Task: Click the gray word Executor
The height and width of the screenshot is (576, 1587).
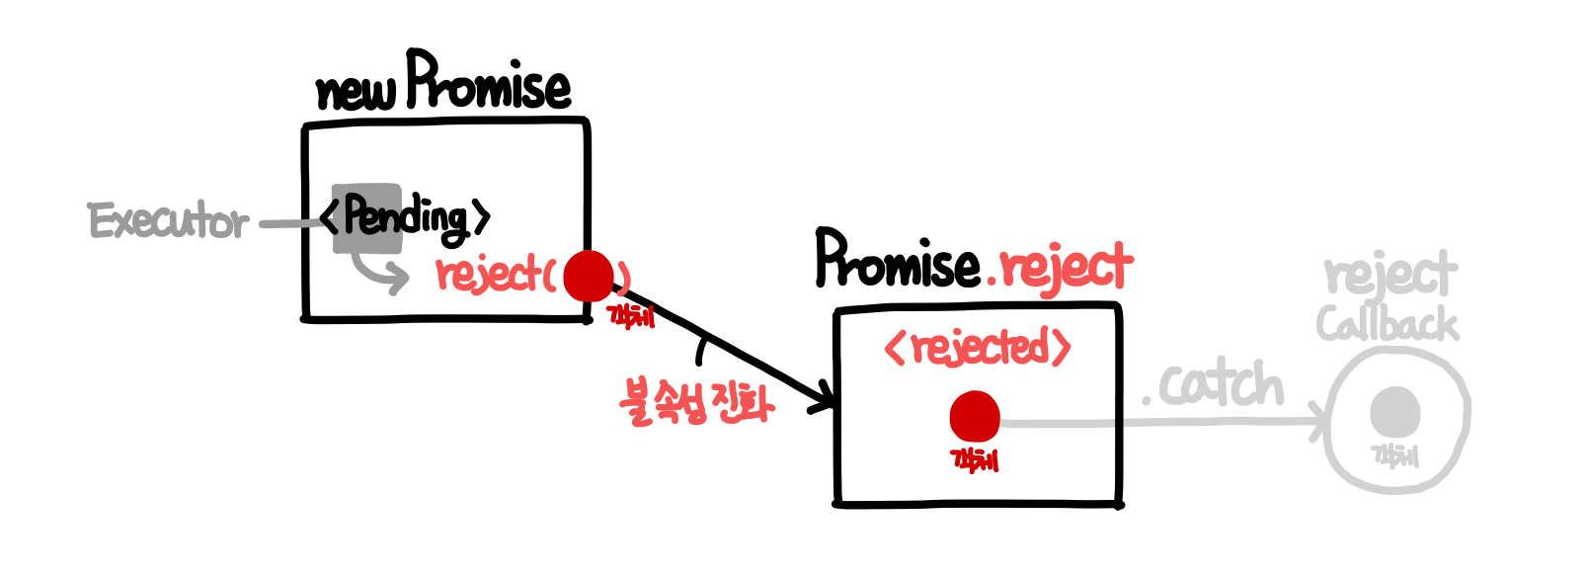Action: [x=168, y=221]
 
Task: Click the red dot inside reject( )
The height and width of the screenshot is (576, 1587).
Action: [x=589, y=276]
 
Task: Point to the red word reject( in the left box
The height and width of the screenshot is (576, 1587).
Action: [x=494, y=274]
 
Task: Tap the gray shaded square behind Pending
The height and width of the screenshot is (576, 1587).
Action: [x=365, y=217]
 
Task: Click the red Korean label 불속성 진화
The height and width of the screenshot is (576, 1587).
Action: [x=696, y=401]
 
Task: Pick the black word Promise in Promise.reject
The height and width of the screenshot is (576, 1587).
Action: [x=897, y=261]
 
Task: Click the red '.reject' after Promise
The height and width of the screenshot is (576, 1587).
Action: [x=1061, y=267]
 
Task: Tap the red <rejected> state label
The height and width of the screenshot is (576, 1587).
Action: [x=977, y=347]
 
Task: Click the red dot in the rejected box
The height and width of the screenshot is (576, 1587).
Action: [x=975, y=416]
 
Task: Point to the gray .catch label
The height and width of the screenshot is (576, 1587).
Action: [x=1214, y=385]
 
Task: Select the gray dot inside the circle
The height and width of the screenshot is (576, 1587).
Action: [x=1394, y=410]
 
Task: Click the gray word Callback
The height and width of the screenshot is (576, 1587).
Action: [x=1387, y=324]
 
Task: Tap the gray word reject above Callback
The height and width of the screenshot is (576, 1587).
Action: [x=1390, y=275]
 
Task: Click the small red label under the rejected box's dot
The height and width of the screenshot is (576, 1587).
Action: [x=974, y=459]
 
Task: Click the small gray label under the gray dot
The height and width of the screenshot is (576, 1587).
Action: [x=1394, y=454]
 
